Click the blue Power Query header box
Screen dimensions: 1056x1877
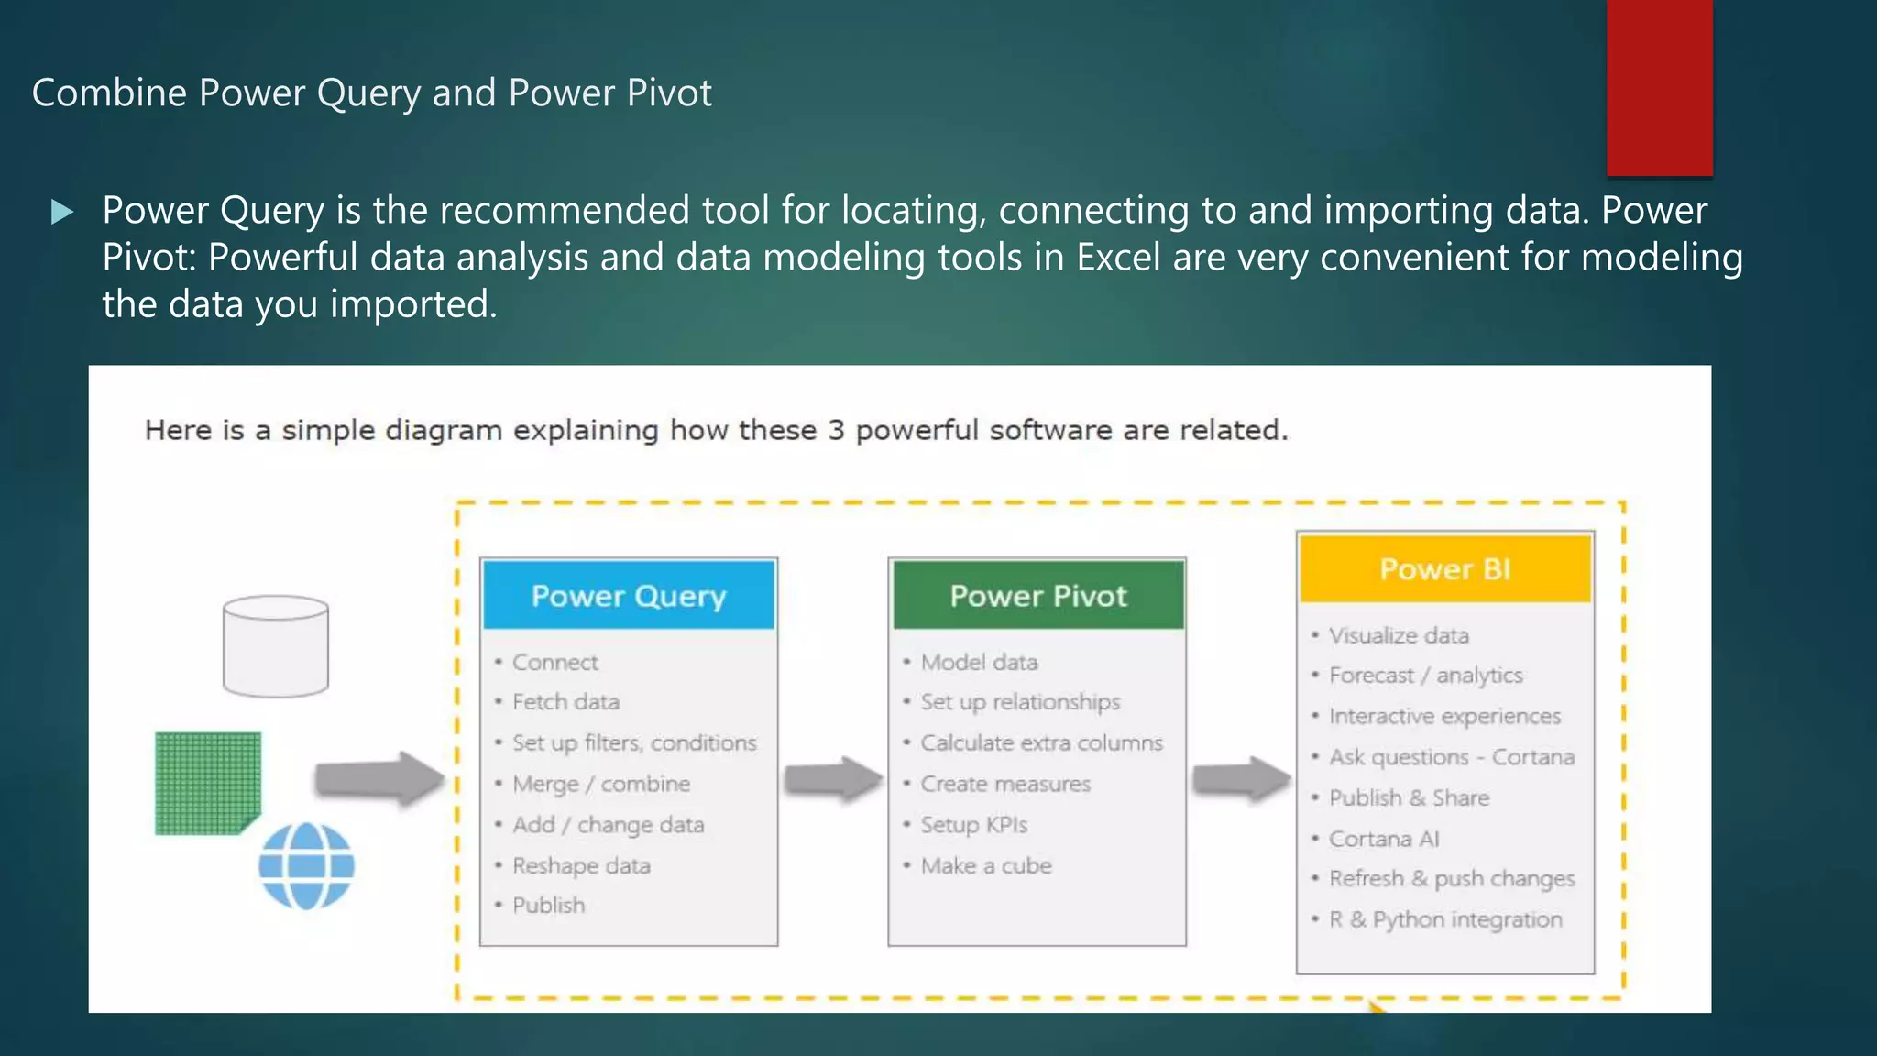[629, 595]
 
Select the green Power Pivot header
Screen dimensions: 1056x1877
[1037, 595]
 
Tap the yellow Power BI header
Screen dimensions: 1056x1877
[1445, 568]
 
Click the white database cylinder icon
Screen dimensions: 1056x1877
[275, 646]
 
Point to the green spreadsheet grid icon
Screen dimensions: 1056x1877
[207, 783]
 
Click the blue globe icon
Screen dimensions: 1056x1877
[306, 866]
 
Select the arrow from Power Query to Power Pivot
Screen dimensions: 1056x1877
[831, 780]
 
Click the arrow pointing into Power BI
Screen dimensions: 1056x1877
[1240, 780]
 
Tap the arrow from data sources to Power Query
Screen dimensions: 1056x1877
[379, 779]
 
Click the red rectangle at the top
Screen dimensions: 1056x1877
[1659, 87]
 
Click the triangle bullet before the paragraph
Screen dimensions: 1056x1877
[61, 213]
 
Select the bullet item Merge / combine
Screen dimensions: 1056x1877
[601, 784]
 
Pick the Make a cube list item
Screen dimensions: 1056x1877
[986, 865]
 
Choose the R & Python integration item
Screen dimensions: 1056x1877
[1445, 919]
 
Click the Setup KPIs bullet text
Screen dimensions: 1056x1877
[973, 824]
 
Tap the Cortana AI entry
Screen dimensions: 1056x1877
[1384, 839]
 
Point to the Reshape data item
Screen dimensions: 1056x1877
[581, 865]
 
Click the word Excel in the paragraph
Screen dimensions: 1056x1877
[1118, 258]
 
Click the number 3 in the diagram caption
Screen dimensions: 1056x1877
[836, 430]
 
